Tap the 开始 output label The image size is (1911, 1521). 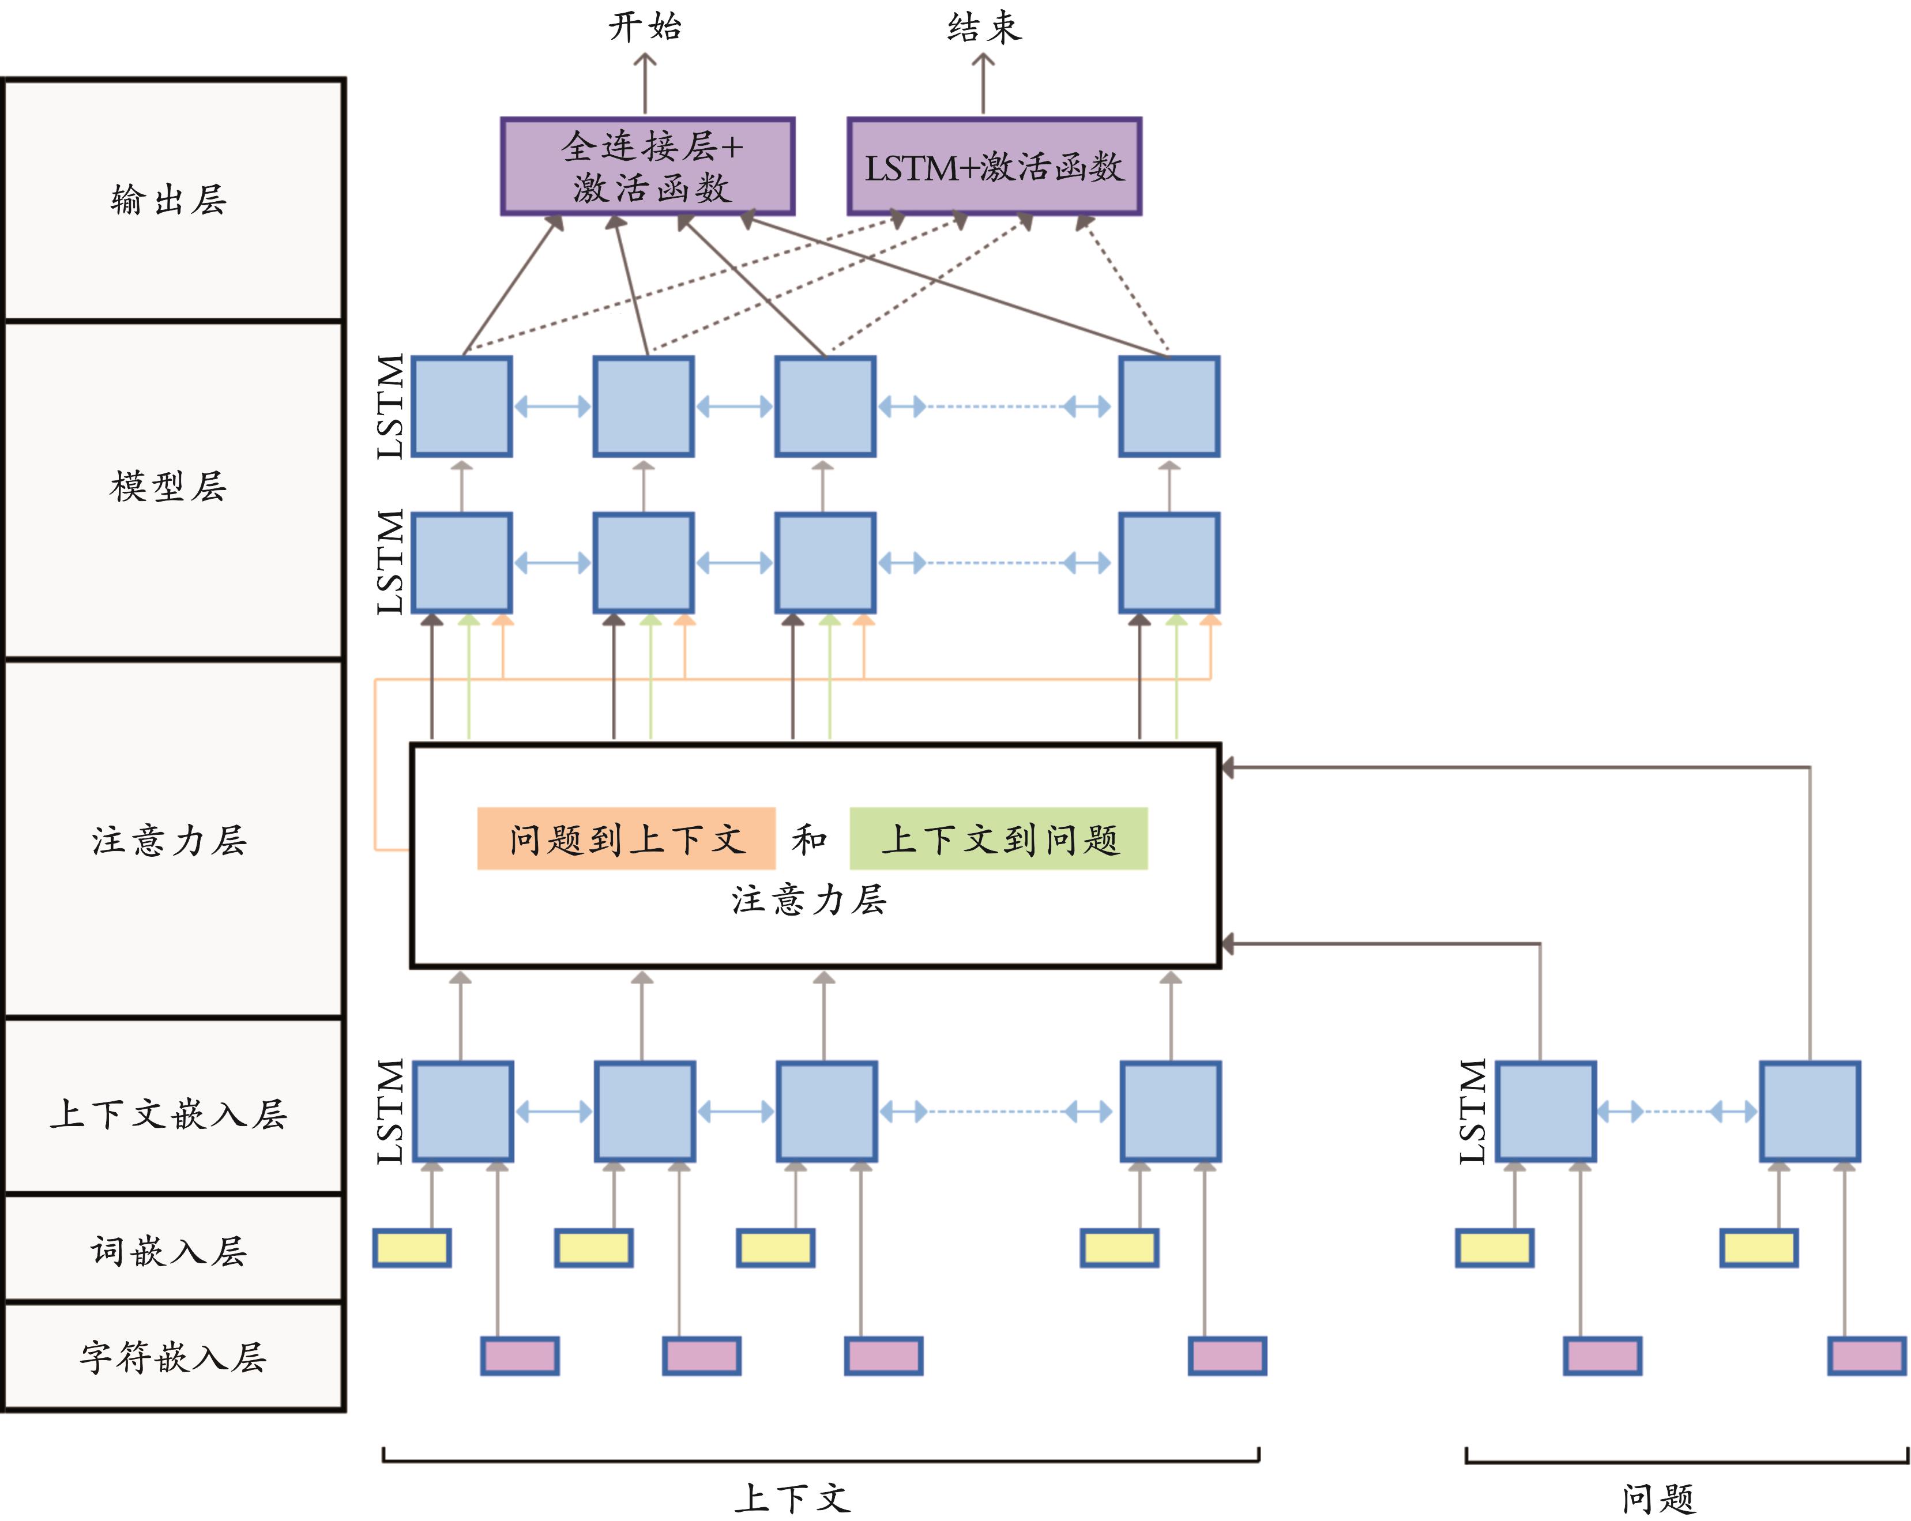(x=645, y=27)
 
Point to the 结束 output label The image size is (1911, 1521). (x=984, y=27)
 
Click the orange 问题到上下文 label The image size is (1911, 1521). (x=626, y=838)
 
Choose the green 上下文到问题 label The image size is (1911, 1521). (x=999, y=838)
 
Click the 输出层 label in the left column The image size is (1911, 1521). (x=168, y=199)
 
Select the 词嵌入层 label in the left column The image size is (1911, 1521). (x=168, y=1251)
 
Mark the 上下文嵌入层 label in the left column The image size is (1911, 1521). (x=168, y=1114)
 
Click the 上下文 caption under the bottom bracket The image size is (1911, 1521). (x=792, y=1498)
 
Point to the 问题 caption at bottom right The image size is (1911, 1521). (x=1657, y=1498)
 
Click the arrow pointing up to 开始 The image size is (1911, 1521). (x=645, y=84)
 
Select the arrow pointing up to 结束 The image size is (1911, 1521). (x=983, y=84)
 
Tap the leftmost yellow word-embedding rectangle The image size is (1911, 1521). (x=412, y=1248)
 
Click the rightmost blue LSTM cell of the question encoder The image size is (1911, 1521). (x=1809, y=1112)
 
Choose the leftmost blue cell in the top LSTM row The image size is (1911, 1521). (x=462, y=407)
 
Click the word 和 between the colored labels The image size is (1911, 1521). (x=809, y=838)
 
